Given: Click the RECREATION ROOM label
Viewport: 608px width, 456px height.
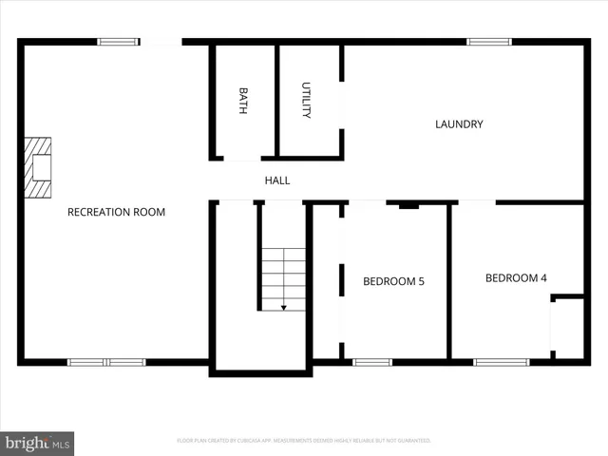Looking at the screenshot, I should coord(116,212).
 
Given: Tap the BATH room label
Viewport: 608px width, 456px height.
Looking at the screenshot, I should coord(243,102).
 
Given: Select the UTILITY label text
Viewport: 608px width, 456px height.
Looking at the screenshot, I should coord(306,100).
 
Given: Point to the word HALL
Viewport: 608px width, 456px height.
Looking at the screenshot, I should coord(277,180).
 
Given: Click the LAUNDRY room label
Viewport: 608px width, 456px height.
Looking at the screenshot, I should coord(459,123).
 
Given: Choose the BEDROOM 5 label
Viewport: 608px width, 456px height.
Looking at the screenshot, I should coord(393,281).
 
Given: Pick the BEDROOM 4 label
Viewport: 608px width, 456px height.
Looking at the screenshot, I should coord(516,278).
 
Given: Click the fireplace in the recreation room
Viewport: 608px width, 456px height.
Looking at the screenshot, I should coord(38,167).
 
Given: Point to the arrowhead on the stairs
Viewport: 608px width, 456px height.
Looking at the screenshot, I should coord(283,307).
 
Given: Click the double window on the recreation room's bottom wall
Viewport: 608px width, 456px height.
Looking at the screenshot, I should coord(106,362).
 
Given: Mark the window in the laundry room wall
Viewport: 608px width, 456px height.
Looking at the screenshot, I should coord(489,42).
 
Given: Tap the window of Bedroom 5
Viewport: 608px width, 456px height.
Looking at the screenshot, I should coord(372,362).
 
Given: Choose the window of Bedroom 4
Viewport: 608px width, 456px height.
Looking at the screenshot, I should coord(502,362).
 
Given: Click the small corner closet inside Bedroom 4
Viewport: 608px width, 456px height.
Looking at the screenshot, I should coord(568,329).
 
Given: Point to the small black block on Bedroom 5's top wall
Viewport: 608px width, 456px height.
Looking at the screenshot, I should coord(408,204).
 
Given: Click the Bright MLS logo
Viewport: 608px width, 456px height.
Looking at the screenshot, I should coord(37,443).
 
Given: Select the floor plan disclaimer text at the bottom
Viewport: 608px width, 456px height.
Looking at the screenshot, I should coord(304,441).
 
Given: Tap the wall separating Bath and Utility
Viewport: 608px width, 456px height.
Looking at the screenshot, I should coord(276,100).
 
